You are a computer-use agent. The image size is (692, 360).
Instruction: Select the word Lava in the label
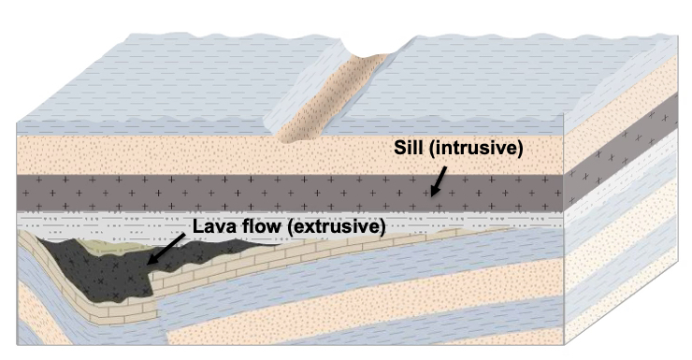pyautogui.click(x=212, y=225)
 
